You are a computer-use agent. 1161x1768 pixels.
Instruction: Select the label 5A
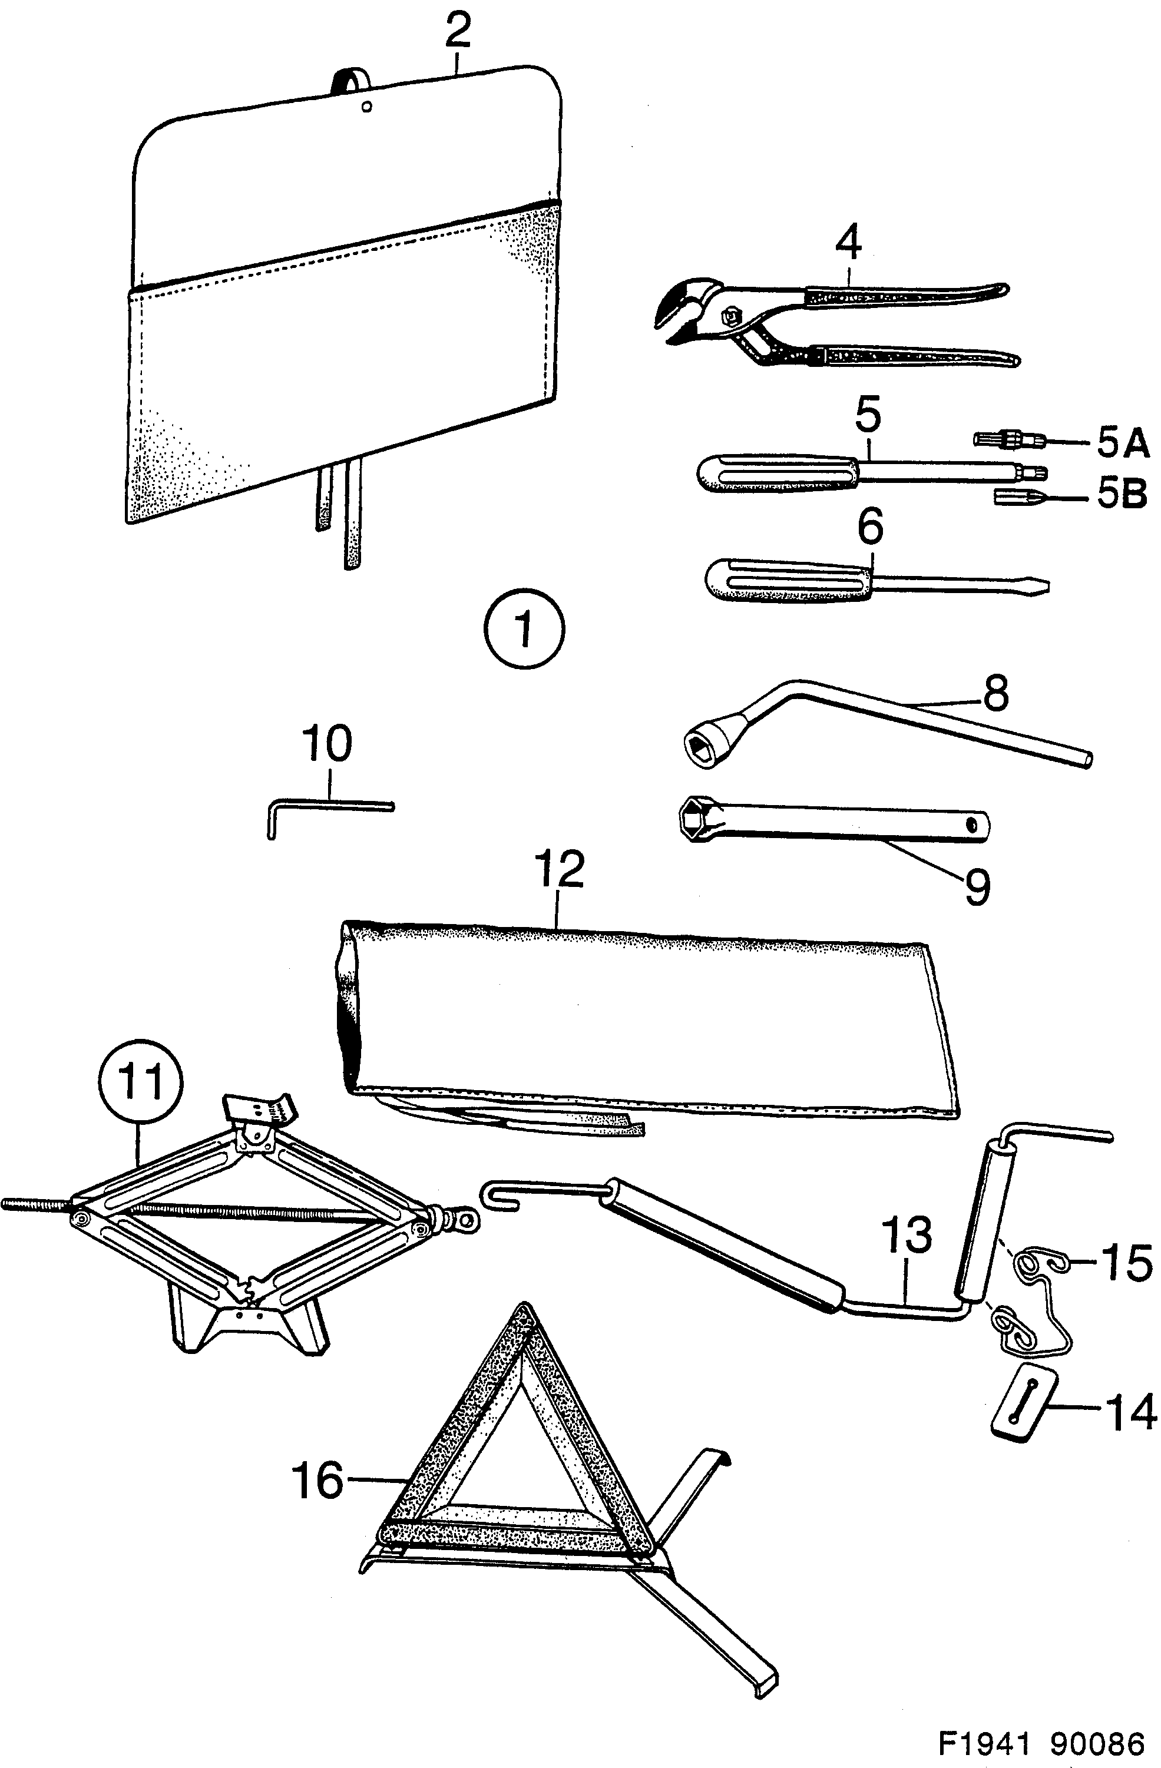(x=1122, y=443)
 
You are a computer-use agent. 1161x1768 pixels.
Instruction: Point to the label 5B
(x=1122, y=494)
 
